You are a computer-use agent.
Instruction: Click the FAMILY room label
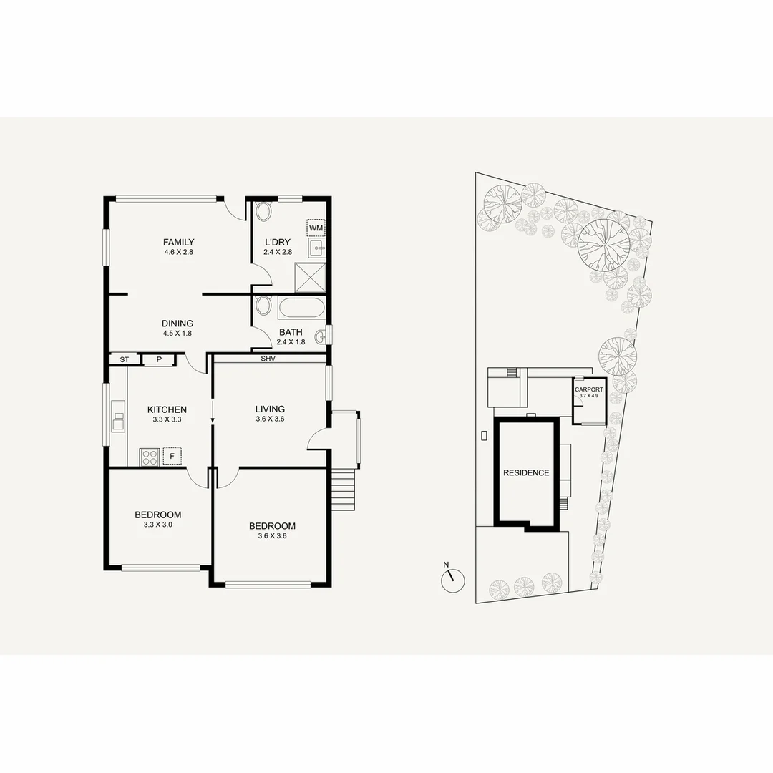[178, 242]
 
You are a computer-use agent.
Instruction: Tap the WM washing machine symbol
[316, 228]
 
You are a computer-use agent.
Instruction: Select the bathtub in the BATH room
[301, 308]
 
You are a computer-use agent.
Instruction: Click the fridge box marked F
[172, 455]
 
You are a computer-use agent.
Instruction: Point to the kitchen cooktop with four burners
[150, 456]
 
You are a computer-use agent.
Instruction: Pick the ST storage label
[124, 359]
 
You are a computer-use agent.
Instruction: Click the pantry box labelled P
[159, 359]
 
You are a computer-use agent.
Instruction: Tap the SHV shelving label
[268, 358]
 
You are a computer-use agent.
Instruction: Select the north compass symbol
[452, 579]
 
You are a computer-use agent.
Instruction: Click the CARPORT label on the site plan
[589, 389]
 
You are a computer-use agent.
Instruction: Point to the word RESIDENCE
[526, 472]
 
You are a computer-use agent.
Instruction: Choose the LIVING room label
[270, 409]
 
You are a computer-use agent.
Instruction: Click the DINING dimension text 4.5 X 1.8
[178, 333]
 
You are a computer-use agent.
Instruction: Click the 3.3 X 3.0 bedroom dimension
[157, 525]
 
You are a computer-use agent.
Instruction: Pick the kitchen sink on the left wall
[117, 422]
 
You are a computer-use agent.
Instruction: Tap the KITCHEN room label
[167, 409]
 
